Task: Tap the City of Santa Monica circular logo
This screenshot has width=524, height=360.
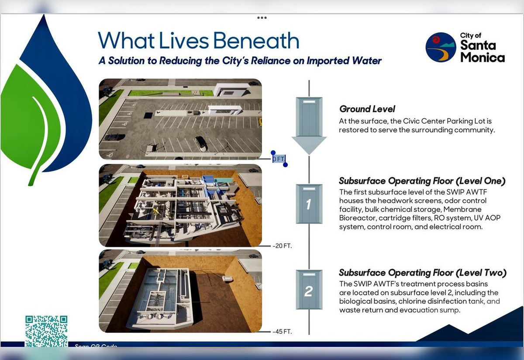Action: pyautogui.click(x=441, y=47)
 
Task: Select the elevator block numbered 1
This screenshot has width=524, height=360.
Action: pyautogui.click(x=309, y=204)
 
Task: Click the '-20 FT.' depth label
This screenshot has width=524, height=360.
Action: pyautogui.click(x=282, y=246)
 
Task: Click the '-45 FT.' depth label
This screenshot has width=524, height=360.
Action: pyautogui.click(x=282, y=332)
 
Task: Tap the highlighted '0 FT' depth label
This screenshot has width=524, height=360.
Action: pyautogui.click(x=278, y=159)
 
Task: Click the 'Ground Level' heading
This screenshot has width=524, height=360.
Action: pyautogui.click(x=367, y=109)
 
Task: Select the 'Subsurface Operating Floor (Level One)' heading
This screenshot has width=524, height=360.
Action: pyautogui.click(x=422, y=181)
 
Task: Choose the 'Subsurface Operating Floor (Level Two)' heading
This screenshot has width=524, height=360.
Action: pyautogui.click(x=423, y=273)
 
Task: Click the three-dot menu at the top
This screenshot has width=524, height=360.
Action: pyautogui.click(x=262, y=18)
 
